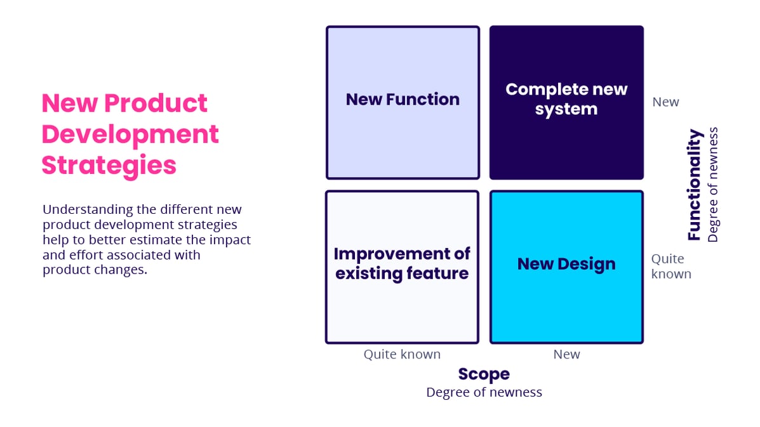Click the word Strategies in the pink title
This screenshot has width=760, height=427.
point(109,165)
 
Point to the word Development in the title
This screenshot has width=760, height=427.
point(130,134)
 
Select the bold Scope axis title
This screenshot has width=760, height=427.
point(484,374)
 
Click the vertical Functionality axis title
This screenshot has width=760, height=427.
point(695,185)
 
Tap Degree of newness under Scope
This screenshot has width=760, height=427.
point(484,392)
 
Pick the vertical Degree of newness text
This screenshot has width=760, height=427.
point(713,185)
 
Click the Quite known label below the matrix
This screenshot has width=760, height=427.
point(402,354)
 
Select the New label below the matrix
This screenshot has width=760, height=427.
point(566,354)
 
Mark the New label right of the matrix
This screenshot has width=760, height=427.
point(665,102)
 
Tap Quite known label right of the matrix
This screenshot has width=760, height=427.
point(670,266)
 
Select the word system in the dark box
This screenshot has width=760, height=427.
point(566,109)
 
